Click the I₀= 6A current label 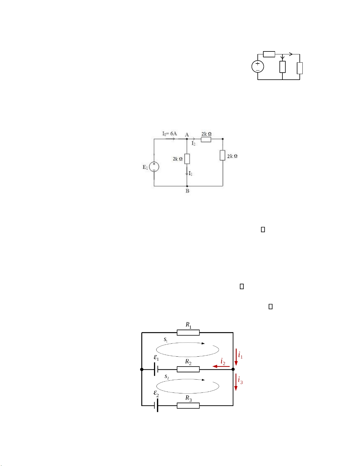(170, 133)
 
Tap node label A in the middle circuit (187, 135)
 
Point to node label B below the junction (187, 191)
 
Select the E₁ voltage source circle (154, 167)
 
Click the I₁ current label (190, 173)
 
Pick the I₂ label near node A (193, 143)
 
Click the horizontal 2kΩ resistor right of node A (206, 140)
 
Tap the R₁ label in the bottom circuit (188, 325)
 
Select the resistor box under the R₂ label (188, 369)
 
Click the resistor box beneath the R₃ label (188, 406)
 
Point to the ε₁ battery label (156, 358)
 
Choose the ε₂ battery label (156, 393)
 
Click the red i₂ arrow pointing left (221, 367)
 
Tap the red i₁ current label (240, 355)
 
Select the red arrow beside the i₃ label (236, 382)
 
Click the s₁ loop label (166, 340)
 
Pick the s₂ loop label (167, 377)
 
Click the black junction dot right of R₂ (233, 369)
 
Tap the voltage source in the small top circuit (257, 66)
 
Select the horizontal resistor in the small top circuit (269, 54)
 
